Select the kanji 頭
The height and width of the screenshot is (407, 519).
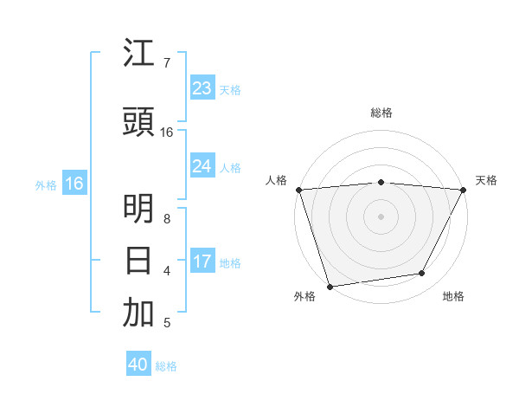coord(138,123)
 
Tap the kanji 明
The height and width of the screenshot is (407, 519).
coord(138,210)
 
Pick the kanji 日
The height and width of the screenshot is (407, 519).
coord(138,260)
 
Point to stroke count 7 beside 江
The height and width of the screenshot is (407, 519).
coord(166,63)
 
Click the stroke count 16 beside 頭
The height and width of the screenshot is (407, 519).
coord(167,132)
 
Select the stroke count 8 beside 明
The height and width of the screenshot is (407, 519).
coord(166,219)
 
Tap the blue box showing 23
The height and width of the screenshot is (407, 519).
coord(202,88)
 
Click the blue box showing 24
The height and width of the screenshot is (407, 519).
coord(202,166)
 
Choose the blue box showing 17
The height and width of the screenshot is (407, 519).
coord(202,262)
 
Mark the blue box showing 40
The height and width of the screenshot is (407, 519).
coord(138,365)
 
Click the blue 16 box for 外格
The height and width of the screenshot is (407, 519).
coord(74,184)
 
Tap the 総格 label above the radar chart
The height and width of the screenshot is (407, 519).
coord(381,113)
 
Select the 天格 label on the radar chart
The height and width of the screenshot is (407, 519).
coord(486,180)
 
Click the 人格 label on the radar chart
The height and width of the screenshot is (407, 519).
coord(276,180)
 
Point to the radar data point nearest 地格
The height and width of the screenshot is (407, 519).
coord(422,274)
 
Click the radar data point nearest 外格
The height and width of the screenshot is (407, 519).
coord(330,286)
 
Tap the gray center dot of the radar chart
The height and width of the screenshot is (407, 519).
coord(381,216)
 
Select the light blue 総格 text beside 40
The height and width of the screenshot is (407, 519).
coord(166,366)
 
